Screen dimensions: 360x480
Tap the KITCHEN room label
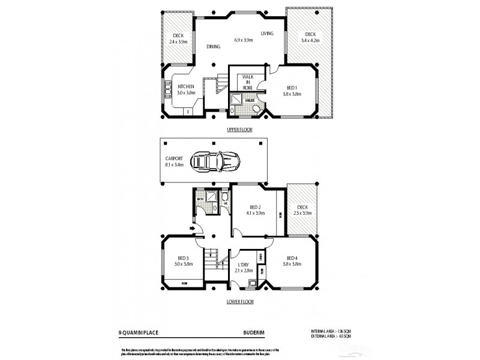185,86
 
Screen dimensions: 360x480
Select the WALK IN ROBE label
247,81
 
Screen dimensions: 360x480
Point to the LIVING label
268,34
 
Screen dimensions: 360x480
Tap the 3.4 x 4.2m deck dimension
310,41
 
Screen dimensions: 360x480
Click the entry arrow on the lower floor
193,228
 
